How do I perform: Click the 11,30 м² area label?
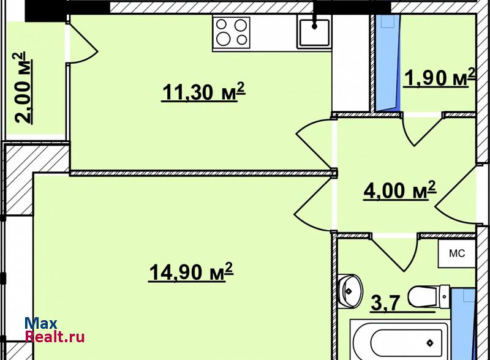click(203, 92)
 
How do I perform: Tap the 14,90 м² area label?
click(191, 272)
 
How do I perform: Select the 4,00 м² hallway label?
click(400, 190)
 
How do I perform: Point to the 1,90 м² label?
click(440, 78)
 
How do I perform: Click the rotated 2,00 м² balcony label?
click(23, 88)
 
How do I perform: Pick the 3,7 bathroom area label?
click(385, 304)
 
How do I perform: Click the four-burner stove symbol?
click(232, 33)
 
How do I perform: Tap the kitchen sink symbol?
click(314, 32)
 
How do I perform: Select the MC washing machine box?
click(456, 253)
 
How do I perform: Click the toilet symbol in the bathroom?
click(429, 296)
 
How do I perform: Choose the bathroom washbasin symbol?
click(350, 290)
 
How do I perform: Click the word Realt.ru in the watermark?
click(55, 337)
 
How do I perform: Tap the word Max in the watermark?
click(41, 324)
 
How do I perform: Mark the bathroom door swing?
click(395, 252)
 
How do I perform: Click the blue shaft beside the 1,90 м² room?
click(388, 62)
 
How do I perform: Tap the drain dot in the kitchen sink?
click(314, 27)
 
